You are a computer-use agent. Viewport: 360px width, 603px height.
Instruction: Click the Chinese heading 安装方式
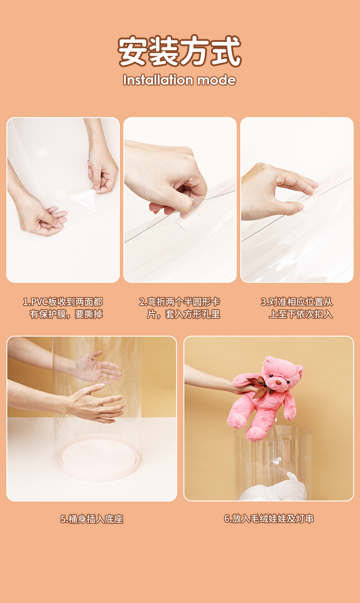[x=180, y=51]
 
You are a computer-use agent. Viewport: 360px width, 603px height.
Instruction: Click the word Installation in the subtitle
[x=158, y=80]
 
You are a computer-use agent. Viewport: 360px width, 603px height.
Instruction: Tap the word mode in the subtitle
[x=216, y=80]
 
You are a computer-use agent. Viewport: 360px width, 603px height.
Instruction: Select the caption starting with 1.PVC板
[x=63, y=308]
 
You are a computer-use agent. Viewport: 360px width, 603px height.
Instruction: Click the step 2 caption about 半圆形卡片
[x=180, y=308]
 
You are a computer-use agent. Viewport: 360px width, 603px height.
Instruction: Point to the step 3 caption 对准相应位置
[x=297, y=308]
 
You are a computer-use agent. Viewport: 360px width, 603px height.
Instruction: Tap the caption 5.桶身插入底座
[x=92, y=519]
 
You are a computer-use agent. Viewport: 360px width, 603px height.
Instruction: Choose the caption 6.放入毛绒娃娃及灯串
[x=269, y=519]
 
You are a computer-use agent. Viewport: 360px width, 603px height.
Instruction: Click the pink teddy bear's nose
[x=279, y=382]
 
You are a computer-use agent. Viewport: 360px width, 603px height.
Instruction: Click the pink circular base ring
[x=99, y=460]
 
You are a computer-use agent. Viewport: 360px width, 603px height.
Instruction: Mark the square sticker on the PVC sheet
[x=41, y=152]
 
